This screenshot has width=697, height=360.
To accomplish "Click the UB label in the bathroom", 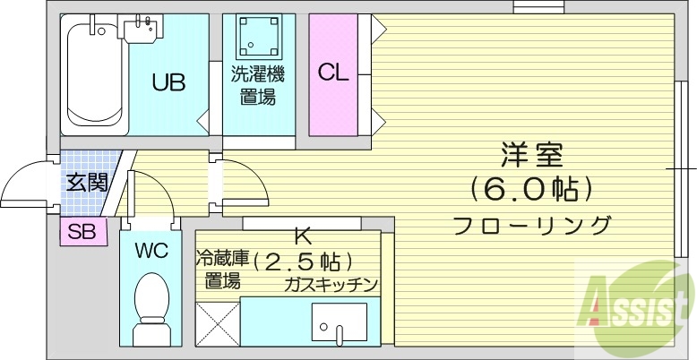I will coord(168,83).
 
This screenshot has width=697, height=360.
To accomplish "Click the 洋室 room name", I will coord(531,155).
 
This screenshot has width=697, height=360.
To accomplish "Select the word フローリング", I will coord(531,224).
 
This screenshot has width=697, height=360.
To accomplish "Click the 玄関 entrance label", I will coord(86,183).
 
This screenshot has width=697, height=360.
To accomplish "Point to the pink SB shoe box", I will coord(82,231).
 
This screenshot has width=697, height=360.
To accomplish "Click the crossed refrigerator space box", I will coord(217,321).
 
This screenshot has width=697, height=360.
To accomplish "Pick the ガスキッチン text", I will coord(331,284).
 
